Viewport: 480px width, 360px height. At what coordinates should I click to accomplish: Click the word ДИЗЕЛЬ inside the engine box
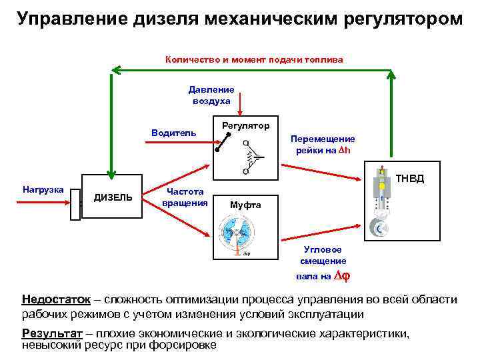click(x=113, y=197)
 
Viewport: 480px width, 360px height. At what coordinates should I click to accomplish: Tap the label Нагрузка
click(x=42, y=189)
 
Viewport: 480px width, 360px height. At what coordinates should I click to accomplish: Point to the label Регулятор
click(x=245, y=125)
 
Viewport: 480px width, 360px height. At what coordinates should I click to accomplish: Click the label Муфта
click(x=245, y=205)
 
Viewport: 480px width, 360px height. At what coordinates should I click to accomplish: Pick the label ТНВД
click(x=410, y=179)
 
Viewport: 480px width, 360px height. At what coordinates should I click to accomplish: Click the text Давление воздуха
click(x=211, y=95)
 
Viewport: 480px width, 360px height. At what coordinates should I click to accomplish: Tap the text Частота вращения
click(x=185, y=197)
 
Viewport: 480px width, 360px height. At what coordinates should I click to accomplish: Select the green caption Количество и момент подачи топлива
click(x=254, y=60)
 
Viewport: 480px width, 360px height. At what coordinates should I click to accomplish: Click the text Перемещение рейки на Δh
click(x=323, y=145)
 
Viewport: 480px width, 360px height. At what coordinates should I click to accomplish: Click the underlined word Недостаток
click(x=55, y=299)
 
